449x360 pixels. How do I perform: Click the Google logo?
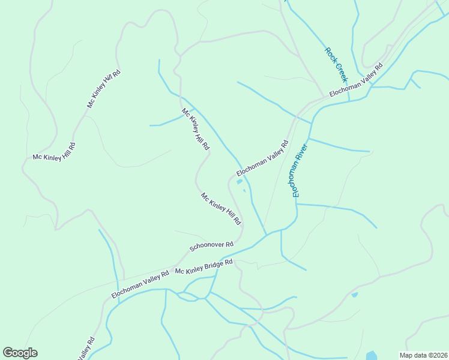[x=20, y=353]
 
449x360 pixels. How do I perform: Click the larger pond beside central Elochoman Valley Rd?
[x=240, y=181]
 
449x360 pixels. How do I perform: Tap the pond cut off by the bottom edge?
[x=372, y=355]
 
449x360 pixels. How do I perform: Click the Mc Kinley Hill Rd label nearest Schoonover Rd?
[x=221, y=209]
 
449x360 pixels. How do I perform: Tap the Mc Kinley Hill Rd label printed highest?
[x=104, y=89]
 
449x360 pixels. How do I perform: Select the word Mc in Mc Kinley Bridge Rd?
[x=178, y=271]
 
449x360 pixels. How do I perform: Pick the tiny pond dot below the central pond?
[x=244, y=191]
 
